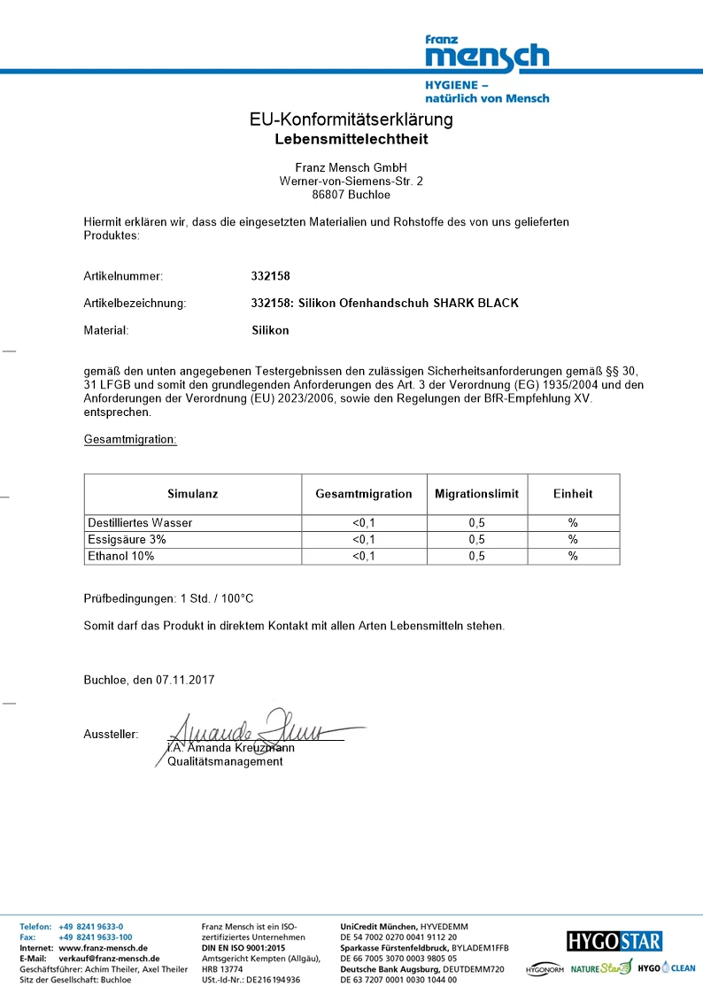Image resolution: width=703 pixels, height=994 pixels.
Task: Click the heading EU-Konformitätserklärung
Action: click(351, 119)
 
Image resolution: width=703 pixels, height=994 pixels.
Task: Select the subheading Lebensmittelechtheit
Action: click(351, 139)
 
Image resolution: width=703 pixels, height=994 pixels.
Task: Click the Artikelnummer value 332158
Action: click(271, 276)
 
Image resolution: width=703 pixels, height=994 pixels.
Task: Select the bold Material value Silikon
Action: click(270, 330)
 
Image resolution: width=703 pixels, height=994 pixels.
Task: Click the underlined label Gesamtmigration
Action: click(130, 439)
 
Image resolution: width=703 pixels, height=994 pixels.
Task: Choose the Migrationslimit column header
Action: click(476, 494)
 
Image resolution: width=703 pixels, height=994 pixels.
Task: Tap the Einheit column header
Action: click(573, 494)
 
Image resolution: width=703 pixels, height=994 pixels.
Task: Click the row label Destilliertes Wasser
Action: click(140, 523)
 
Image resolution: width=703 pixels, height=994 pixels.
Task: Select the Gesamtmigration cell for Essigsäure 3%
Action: click(364, 539)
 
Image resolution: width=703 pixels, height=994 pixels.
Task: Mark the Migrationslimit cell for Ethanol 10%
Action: click(476, 556)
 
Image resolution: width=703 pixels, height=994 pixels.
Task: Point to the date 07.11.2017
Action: click(186, 680)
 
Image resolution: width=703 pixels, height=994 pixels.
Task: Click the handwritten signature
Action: click(257, 729)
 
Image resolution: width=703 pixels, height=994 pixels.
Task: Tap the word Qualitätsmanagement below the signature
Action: click(226, 761)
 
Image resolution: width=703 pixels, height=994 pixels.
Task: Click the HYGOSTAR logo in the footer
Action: click(614, 941)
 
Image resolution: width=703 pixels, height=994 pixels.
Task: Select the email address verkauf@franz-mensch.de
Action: click(109, 959)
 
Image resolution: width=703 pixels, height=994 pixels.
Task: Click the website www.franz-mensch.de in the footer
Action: click(103, 948)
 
